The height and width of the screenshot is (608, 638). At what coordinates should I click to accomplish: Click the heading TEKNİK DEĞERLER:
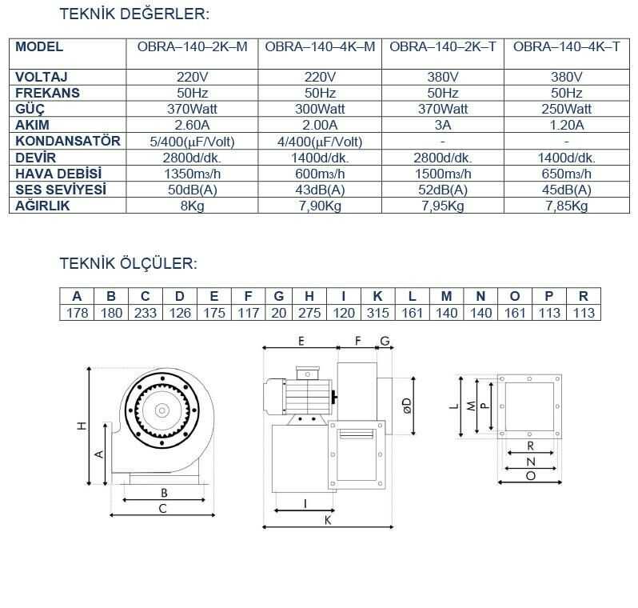pyautogui.click(x=134, y=14)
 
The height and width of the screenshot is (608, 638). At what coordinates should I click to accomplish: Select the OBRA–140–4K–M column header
pyautogui.click(x=320, y=47)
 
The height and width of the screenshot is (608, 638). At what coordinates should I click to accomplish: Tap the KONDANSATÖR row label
pyautogui.click(x=67, y=141)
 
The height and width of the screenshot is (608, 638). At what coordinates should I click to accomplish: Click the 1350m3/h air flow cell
pyautogui.click(x=192, y=174)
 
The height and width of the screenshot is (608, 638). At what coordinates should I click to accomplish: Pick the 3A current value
pyautogui.click(x=443, y=125)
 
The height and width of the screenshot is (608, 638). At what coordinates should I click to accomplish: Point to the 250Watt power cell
pyautogui.click(x=566, y=109)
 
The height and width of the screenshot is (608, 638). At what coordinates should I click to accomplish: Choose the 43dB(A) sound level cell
pyautogui.click(x=320, y=190)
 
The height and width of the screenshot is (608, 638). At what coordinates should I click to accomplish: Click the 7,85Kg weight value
pyautogui.click(x=566, y=206)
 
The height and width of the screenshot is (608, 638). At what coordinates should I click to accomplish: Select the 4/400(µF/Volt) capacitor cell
pyautogui.click(x=320, y=142)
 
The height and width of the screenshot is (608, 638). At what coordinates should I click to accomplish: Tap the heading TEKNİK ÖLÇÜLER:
pyautogui.click(x=128, y=263)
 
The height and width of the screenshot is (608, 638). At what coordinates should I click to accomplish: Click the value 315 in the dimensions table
pyautogui.click(x=377, y=313)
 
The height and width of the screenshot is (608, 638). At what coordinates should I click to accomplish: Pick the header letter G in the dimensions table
pyautogui.click(x=279, y=296)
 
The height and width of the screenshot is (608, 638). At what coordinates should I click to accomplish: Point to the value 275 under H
pyautogui.click(x=309, y=313)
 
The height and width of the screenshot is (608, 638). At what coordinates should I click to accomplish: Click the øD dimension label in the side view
pyautogui.click(x=406, y=406)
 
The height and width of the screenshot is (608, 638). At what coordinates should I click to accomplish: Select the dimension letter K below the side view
pyautogui.click(x=328, y=520)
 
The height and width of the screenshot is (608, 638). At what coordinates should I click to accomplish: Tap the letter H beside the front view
pyautogui.click(x=82, y=426)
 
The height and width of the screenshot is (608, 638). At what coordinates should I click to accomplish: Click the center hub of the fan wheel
pyautogui.click(x=162, y=410)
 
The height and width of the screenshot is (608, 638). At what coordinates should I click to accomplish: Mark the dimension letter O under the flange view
pyautogui.click(x=531, y=476)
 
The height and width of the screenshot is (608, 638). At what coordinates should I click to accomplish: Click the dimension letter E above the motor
pyautogui.click(x=301, y=342)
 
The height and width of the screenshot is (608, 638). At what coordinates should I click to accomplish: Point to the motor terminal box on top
pyautogui.click(x=308, y=373)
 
